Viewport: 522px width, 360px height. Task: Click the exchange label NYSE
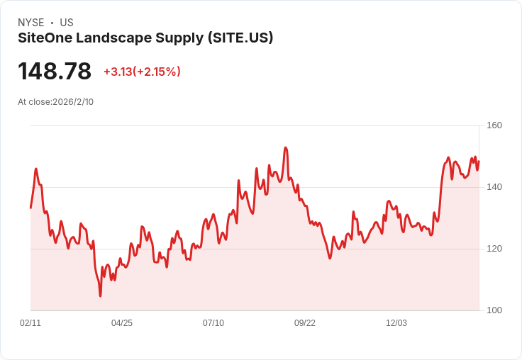click(30, 23)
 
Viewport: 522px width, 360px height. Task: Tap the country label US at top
click(67, 23)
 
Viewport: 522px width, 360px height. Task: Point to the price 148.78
click(55, 72)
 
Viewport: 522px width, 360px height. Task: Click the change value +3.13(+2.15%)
click(142, 72)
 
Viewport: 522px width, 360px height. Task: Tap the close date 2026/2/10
click(73, 102)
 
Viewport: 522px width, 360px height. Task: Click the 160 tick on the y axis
click(494, 125)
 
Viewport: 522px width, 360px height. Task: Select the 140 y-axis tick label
click(494, 187)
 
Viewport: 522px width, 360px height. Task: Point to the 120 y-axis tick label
click(494, 249)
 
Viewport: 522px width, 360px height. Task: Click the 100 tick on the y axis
click(494, 310)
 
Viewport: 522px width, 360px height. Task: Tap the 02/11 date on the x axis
click(30, 323)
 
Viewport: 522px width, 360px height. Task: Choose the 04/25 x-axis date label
click(122, 323)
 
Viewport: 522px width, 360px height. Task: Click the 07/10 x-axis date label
click(213, 323)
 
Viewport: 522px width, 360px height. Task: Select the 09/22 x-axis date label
click(305, 323)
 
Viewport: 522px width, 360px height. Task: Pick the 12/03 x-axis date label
click(396, 323)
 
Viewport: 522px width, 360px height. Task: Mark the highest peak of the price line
click(285, 147)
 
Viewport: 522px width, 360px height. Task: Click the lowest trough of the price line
click(100, 296)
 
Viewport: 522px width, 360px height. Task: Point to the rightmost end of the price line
click(479, 162)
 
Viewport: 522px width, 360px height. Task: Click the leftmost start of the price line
click(30, 208)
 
